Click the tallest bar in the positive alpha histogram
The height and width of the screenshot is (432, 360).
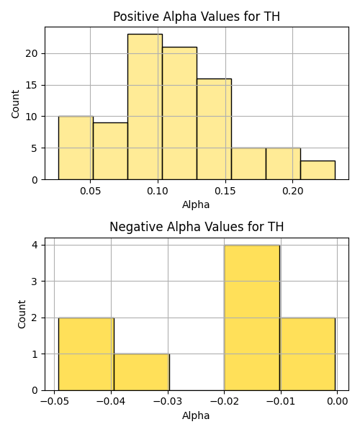click(145, 107)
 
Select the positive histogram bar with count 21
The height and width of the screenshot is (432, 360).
click(179, 113)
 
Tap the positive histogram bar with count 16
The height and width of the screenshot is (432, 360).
click(215, 129)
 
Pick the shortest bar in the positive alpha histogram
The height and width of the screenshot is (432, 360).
click(318, 170)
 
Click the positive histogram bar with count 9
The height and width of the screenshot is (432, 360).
click(110, 151)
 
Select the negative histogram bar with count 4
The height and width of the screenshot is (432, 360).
click(252, 318)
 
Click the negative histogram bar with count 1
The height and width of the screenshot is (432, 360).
click(142, 372)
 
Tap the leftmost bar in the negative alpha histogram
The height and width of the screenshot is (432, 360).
click(86, 354)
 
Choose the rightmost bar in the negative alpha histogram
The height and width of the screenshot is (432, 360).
click(307, 354)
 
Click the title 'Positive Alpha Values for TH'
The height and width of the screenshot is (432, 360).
click(197, 17)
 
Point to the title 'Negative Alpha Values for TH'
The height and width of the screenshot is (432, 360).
click(197, 227)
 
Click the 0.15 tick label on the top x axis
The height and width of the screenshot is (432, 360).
click(225, 191)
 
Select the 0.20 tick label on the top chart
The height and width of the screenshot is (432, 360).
click(293, 191)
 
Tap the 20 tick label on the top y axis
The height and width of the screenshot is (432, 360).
click(32, 53)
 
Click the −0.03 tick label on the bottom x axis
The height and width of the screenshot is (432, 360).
click(168, 401)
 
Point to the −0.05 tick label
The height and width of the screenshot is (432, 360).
click(54, 401)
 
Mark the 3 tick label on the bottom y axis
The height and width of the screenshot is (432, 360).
click(35, 282)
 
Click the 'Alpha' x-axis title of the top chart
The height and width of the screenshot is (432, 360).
click(196, 204)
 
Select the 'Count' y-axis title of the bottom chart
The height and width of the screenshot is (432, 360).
click(22, 314)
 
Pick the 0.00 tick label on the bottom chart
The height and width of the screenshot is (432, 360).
click(338, 401)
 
